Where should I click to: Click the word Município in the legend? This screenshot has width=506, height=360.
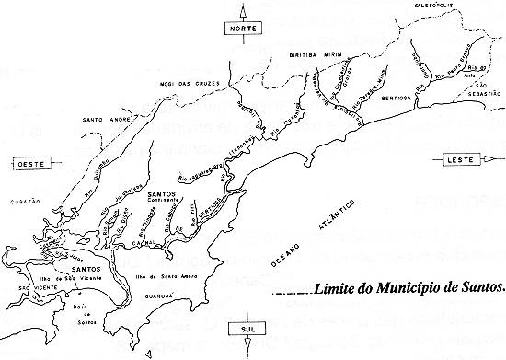409,287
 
